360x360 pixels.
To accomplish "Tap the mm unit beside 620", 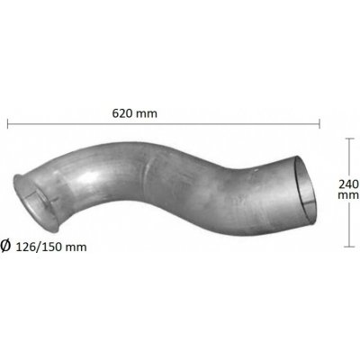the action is [x=146, y=114].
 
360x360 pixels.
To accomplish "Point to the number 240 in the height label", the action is [x=348, y=184].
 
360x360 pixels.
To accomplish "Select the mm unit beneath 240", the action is [x=348, y=195].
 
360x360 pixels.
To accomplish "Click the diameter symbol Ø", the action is [x=5, y=246].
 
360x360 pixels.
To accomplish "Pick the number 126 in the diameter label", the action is [x=25, y=247].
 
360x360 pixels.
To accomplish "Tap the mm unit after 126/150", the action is [x=76, y=247].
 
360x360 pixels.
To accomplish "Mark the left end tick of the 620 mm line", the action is [x=8, y=123].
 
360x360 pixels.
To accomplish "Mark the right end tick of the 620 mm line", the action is [x=319, y=123].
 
